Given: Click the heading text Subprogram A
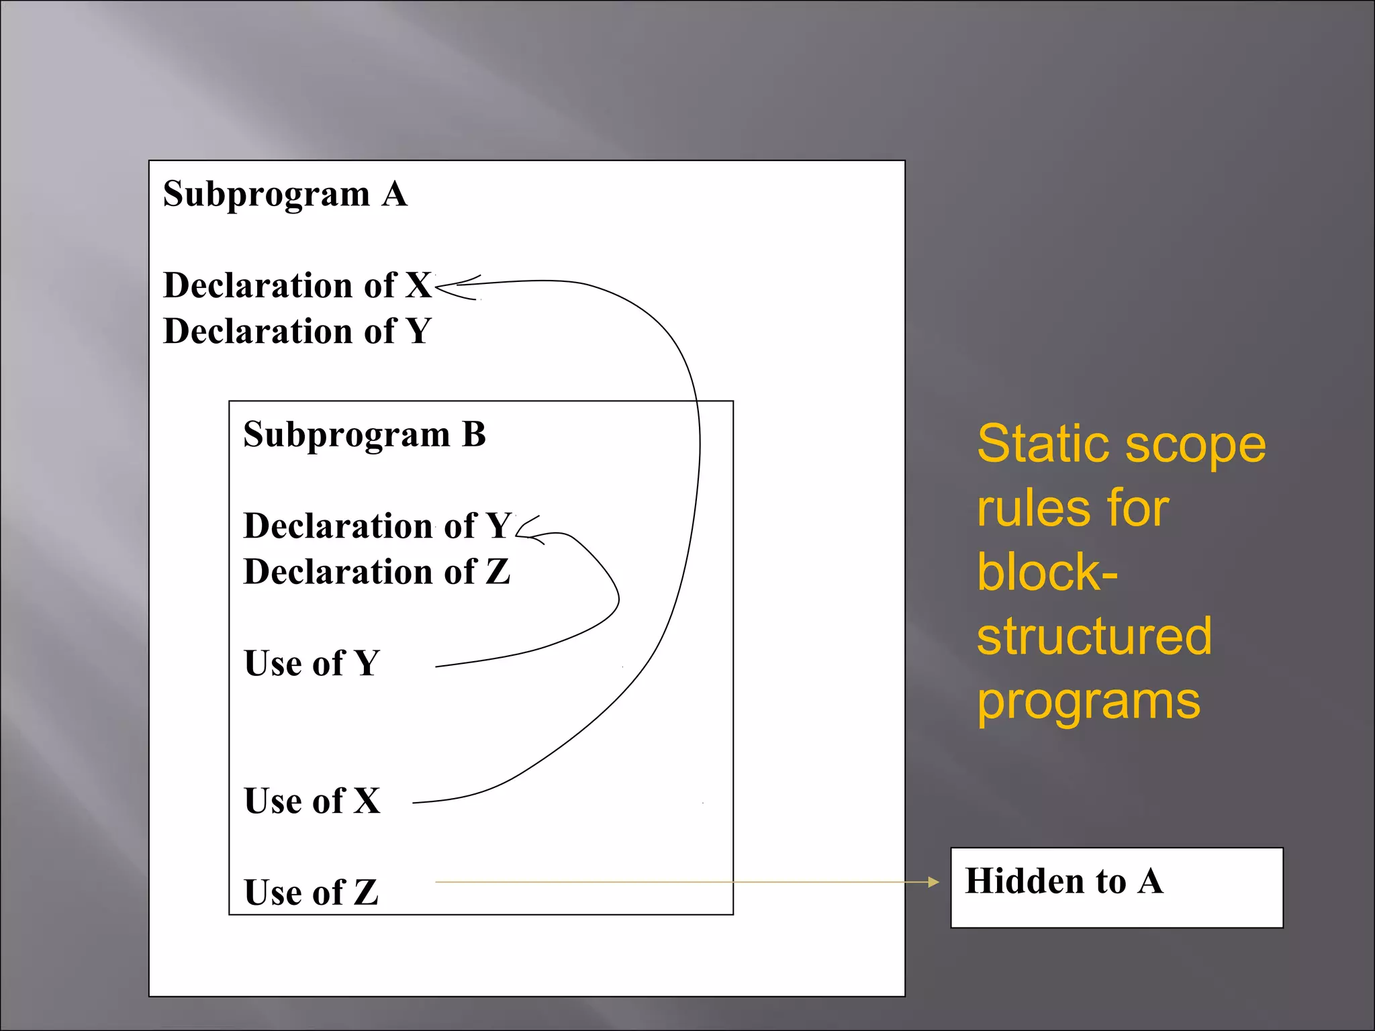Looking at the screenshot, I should pos(285,195).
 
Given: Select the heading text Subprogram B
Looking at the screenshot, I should pos(364,434).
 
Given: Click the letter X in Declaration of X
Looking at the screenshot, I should pos(418,285).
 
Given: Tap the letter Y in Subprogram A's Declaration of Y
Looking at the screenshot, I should pos(418,332).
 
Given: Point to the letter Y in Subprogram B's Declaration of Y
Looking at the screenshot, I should pos(498,526).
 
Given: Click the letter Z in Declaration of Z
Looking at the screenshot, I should pos(497,572).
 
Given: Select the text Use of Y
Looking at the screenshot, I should pos(312,663).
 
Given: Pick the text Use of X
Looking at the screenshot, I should pos(312,801).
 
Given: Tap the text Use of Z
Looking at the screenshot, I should pos(311,893).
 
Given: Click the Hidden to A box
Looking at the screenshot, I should pos(1116,887).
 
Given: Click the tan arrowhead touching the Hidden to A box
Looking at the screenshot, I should pos(933,882).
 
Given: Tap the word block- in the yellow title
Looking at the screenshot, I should pos(1047,573).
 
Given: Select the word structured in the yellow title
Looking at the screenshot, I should pos(1094,636).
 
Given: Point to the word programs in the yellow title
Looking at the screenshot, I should pos(1088,702).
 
